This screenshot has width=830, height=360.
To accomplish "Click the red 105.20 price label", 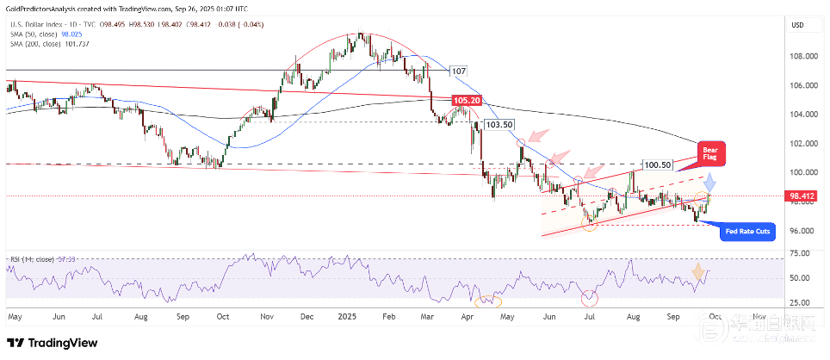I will click(465, 101).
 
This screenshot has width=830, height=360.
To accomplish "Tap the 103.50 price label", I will click(499, 125).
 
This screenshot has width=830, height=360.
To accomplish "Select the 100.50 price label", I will click(658, 164).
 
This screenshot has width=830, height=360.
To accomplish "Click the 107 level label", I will click(458, 71).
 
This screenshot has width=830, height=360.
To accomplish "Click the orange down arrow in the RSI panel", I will click(698, 275).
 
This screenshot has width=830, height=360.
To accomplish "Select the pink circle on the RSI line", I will click(590, 299).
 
